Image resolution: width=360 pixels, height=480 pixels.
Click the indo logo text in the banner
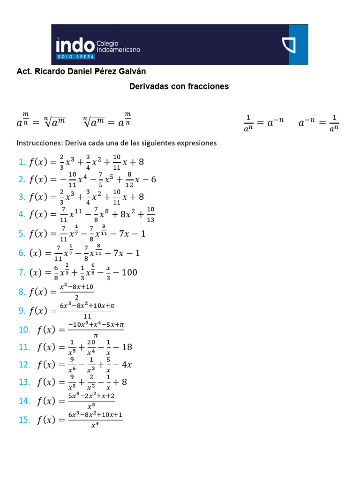coord(75,45)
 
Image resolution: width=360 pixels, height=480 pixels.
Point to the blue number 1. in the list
coord(22,162)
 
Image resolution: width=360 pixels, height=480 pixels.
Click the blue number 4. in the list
coord(22,215)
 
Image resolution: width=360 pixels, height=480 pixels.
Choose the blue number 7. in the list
coord(22,272)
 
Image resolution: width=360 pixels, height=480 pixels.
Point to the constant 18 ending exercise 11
coord(127,347)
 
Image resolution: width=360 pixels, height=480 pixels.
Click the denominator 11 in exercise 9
coord(87,316)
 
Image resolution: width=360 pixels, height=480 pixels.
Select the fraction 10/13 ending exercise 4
coord(150,215)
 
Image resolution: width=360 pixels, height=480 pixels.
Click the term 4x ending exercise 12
coord(127,365)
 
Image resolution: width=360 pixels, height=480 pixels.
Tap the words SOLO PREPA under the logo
coord(75,57)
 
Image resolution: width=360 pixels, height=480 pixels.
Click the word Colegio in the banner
coord(107,43)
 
